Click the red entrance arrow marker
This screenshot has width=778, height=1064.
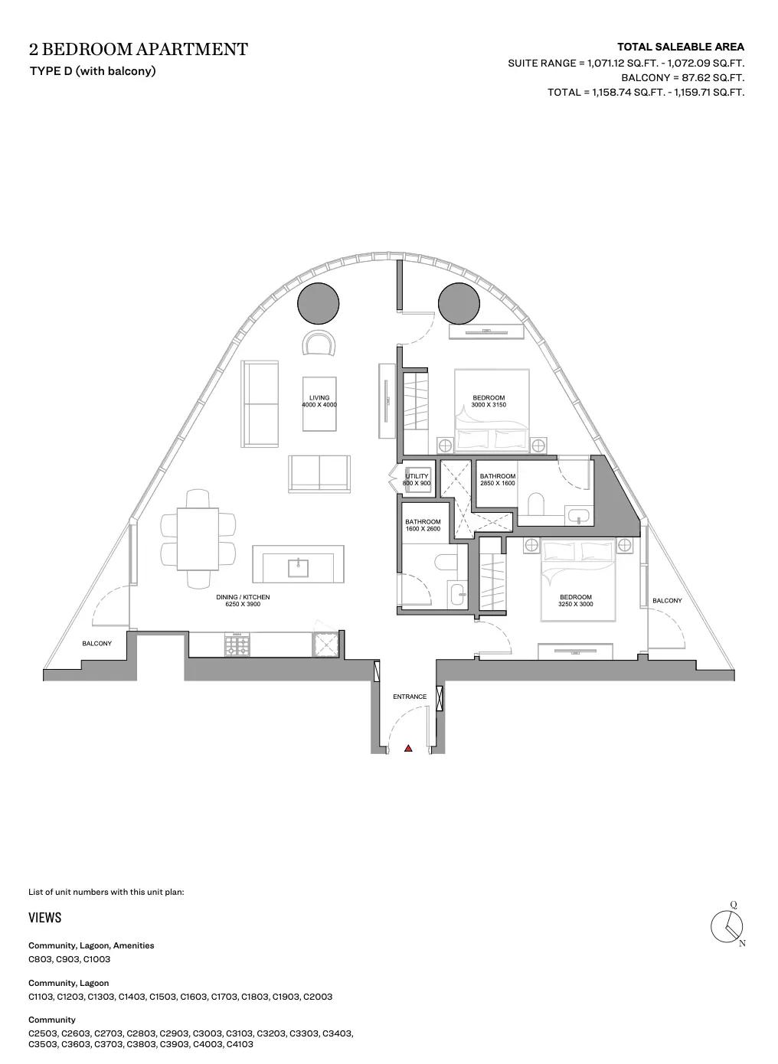click(408, 748)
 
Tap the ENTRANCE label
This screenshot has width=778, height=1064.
click(410, 697)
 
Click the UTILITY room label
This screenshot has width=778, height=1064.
click(417, 476)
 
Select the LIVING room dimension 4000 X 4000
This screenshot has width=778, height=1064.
click(319, 405)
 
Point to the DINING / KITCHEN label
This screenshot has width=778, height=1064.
click(243, 597)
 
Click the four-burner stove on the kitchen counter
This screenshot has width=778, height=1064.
click(237, 645)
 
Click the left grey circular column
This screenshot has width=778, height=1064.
click(319, 304)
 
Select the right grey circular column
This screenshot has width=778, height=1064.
click(459, 304)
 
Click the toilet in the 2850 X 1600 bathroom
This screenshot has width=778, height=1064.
click(535, 504)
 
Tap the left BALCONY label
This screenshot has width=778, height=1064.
click(97, 643)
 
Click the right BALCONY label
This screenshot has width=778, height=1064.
click(667, 600)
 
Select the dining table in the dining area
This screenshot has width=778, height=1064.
click(198, 539)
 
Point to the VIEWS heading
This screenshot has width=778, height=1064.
click(45, 918)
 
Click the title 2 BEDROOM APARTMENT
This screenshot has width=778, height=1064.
click(139, 49)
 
